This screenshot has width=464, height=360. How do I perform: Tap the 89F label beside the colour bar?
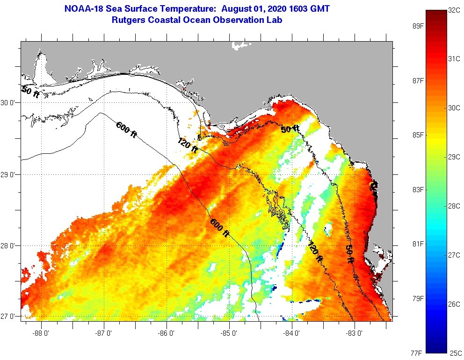(x=418, y=26)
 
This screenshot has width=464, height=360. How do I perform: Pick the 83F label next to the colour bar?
(x=418, y=190)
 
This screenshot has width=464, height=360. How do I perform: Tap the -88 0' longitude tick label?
(x=41, y=333)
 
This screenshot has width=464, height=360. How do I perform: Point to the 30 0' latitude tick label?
(x=9, y=102)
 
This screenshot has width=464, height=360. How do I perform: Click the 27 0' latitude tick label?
(x=9, y=317)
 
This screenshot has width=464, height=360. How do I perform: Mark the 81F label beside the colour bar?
(x=418, y=244)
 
